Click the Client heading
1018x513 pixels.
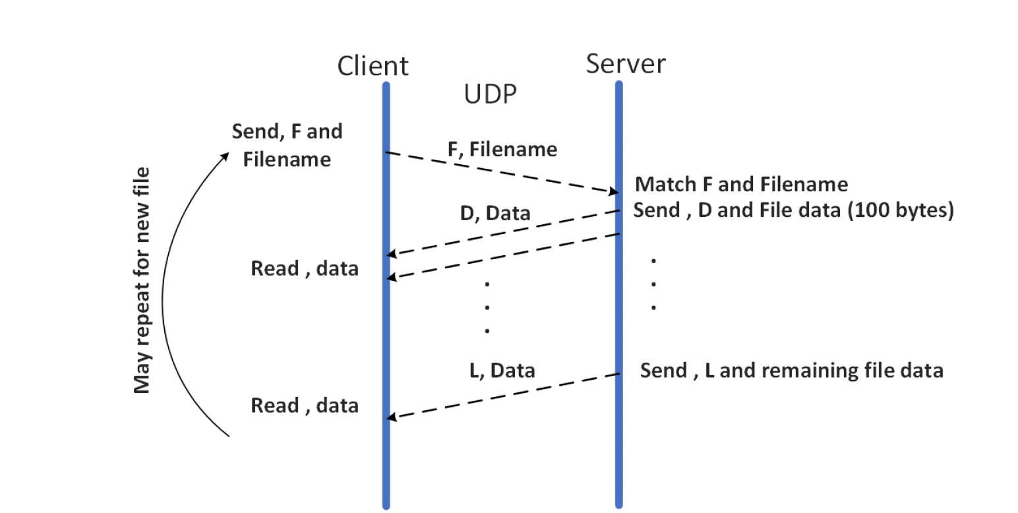coord(373,66)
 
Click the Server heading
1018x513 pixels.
coord(626,64)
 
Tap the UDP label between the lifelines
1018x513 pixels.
coord(489,96)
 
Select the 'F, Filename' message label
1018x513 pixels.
coord(502,150)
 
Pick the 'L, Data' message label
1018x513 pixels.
coord(502,371)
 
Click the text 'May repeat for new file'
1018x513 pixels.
coord(142,280)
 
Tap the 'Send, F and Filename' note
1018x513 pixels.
coord(287,145)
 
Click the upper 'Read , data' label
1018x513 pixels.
coord(305,268)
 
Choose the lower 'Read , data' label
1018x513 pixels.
coord(305,405)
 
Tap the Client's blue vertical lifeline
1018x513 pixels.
coord(386,330)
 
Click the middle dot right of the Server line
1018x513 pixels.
coord(653,284)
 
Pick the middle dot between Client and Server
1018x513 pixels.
coord(487,307)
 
